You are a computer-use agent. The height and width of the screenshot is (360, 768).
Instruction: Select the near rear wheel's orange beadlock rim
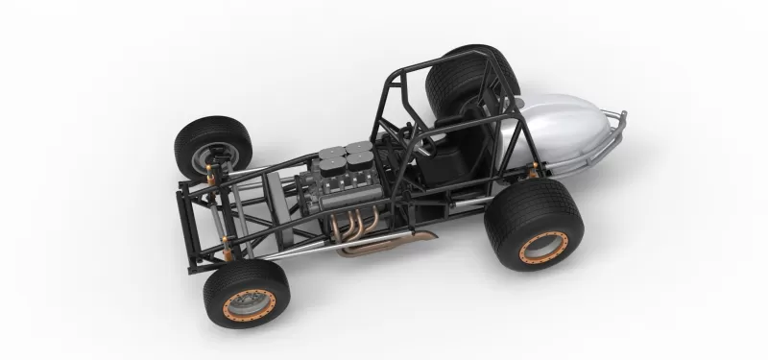543,247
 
